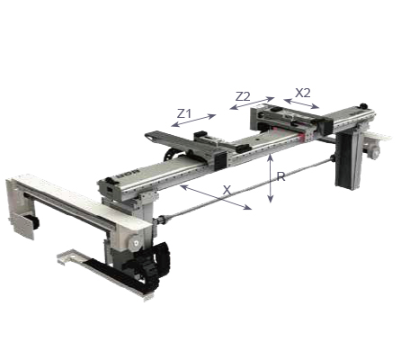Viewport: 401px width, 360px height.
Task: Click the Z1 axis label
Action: point(184,114)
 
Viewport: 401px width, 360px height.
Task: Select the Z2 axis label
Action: point(243,95)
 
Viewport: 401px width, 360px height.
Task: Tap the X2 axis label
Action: point(303,92)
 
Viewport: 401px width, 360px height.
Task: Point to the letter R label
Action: point(281,177)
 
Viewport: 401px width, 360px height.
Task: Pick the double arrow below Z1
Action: point(194,121)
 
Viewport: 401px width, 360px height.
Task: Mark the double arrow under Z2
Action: point(252,103)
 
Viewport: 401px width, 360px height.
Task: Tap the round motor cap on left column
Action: point(132,241)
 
